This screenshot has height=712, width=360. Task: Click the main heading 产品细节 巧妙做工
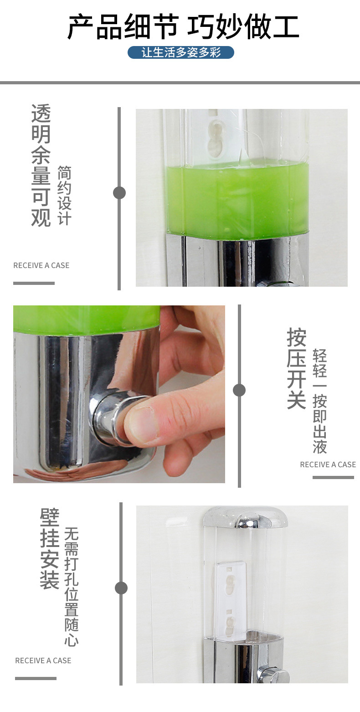183,26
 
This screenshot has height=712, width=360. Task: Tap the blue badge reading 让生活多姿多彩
181,52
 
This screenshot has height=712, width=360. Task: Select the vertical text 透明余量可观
41,165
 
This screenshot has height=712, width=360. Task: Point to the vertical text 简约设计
64,195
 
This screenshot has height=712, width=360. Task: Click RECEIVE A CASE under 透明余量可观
41,265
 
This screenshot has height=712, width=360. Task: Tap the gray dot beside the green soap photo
119,193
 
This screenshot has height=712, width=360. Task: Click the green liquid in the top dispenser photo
237,201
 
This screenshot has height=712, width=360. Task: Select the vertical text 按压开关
296,368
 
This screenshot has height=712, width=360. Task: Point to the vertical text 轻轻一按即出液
319,401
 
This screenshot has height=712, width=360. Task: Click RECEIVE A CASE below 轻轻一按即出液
328,464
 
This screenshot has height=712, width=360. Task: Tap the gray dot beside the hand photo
239,390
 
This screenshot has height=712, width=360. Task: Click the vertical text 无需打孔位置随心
71,587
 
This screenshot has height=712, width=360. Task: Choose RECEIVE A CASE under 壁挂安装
43,660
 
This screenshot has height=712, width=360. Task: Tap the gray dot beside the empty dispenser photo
121,588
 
